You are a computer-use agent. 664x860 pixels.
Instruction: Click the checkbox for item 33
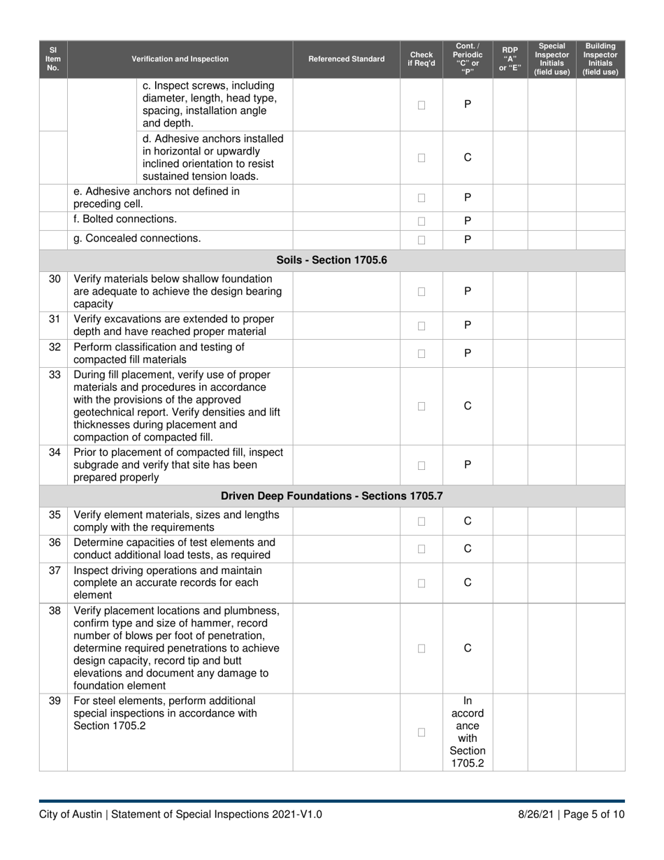tap(421, 406)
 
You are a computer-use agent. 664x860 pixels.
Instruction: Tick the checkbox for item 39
tap(421, 732)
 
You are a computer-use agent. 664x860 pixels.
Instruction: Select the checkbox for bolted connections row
tap(421, 221)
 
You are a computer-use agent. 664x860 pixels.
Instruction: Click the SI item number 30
tap(54, 278)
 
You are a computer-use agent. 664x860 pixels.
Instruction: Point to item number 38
tap(54, 610)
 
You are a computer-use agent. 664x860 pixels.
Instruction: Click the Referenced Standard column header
tap(346, 59)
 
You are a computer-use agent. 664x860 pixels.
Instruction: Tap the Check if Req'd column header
tap(421, 59)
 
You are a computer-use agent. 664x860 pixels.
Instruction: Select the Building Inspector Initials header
tap(600, 59)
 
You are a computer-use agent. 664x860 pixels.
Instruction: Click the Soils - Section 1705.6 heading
tap(332, 260)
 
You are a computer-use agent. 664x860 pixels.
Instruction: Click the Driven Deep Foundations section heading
tap(332, 496)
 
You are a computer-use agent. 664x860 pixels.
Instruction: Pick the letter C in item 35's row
tap(468, 521)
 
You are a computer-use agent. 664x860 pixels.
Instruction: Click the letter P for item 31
tap(468, 325)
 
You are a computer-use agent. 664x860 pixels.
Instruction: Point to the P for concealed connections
tap(468, 240)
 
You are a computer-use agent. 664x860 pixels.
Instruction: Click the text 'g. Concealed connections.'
tap(137, 238)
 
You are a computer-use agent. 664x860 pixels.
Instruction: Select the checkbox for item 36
tap(421, 549)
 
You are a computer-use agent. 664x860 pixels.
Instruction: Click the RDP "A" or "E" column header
tap(510, 59)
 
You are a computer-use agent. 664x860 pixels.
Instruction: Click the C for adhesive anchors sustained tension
tap(468, 158)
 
